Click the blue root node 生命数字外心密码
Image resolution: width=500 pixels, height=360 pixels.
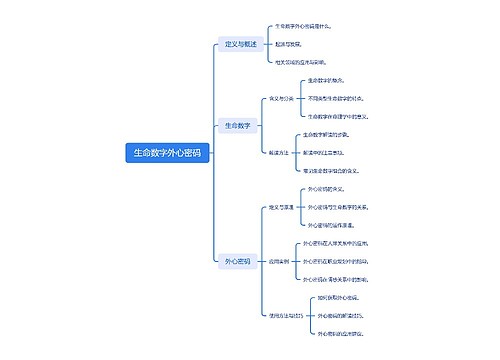167,153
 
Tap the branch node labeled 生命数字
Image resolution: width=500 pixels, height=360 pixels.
238,125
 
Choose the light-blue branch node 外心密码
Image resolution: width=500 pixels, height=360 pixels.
238,261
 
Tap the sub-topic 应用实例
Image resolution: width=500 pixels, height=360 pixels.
279,261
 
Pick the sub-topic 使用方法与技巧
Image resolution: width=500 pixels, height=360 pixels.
285,316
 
